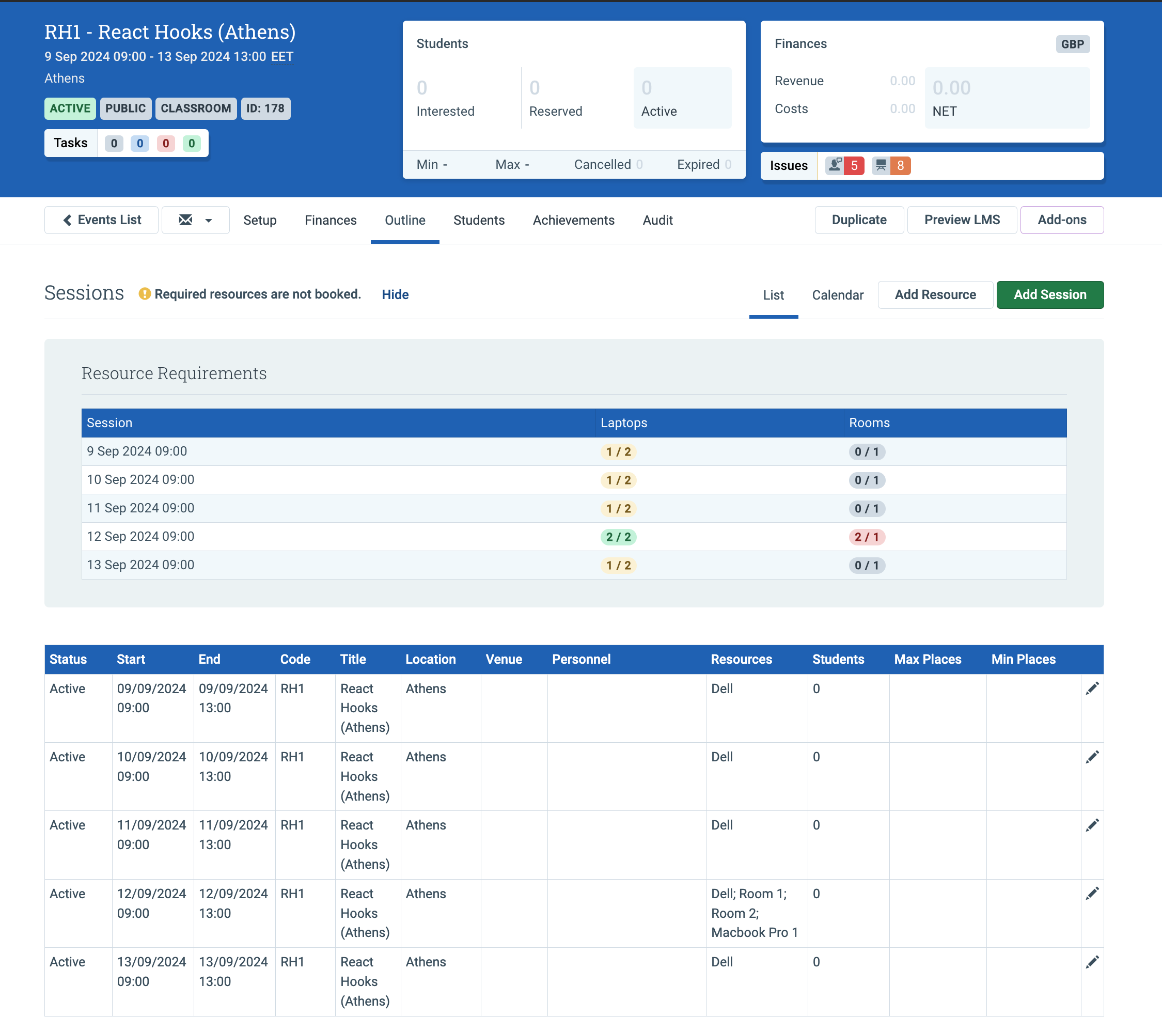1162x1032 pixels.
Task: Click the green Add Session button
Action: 1049,294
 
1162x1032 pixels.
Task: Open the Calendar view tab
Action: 837,294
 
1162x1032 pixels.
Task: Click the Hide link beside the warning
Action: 395,294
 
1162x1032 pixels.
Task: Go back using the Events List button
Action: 102,220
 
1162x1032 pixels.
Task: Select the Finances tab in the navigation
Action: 331,220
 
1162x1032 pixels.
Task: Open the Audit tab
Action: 658,220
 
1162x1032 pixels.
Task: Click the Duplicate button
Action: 859,220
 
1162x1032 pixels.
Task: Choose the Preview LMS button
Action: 962,220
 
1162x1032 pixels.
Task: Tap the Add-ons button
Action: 1062,220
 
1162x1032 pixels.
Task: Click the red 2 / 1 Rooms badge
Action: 867,537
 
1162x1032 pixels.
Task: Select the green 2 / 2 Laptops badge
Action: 619,537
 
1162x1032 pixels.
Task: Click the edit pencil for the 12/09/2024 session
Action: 1092,894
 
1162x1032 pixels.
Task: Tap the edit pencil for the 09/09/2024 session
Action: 1092,689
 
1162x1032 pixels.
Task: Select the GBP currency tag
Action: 1073,44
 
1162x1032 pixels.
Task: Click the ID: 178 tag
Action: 265,108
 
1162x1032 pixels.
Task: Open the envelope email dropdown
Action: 196,220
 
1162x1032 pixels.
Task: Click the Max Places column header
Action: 928,660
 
